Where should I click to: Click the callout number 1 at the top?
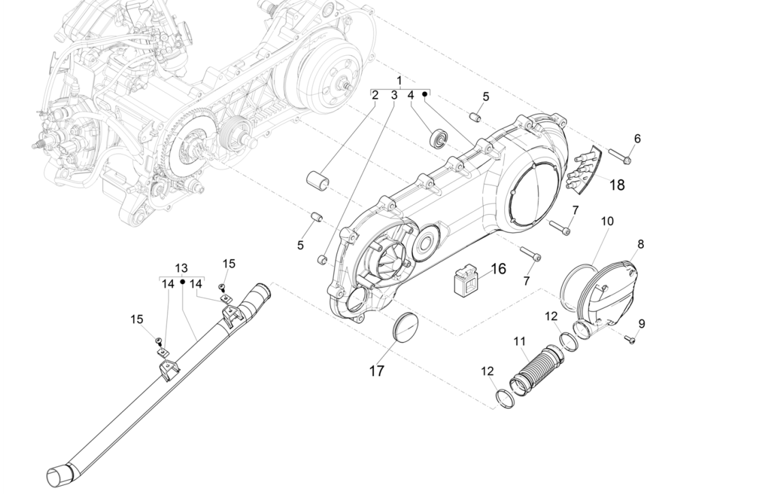pyautogui.click(x=399, y=81)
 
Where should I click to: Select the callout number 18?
pyautogui.click(x=616, y=185)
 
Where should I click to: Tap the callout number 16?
pyautogui.click(x=498, y=268)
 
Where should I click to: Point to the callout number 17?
pyautogui.click(x=377, y=371)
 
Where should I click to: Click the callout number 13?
pyautogui.click(x=181, y=268)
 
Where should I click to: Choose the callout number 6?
pyautogui.click(x=637, y=138)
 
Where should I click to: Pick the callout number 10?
pyautogui.click(x=607, y=221)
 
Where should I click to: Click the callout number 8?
pyautogui.click(x=640, y=244)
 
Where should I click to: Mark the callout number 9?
pyautogui.click(x=641, y=323)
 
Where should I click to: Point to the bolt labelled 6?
pyautogui.click(x=618, y=157)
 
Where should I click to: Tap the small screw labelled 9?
pyautogui.click(x=629, y=339)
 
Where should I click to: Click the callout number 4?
pyautogui.click(x=411, y=96)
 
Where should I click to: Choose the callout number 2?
pyautogui.click(x=375, y=96)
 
